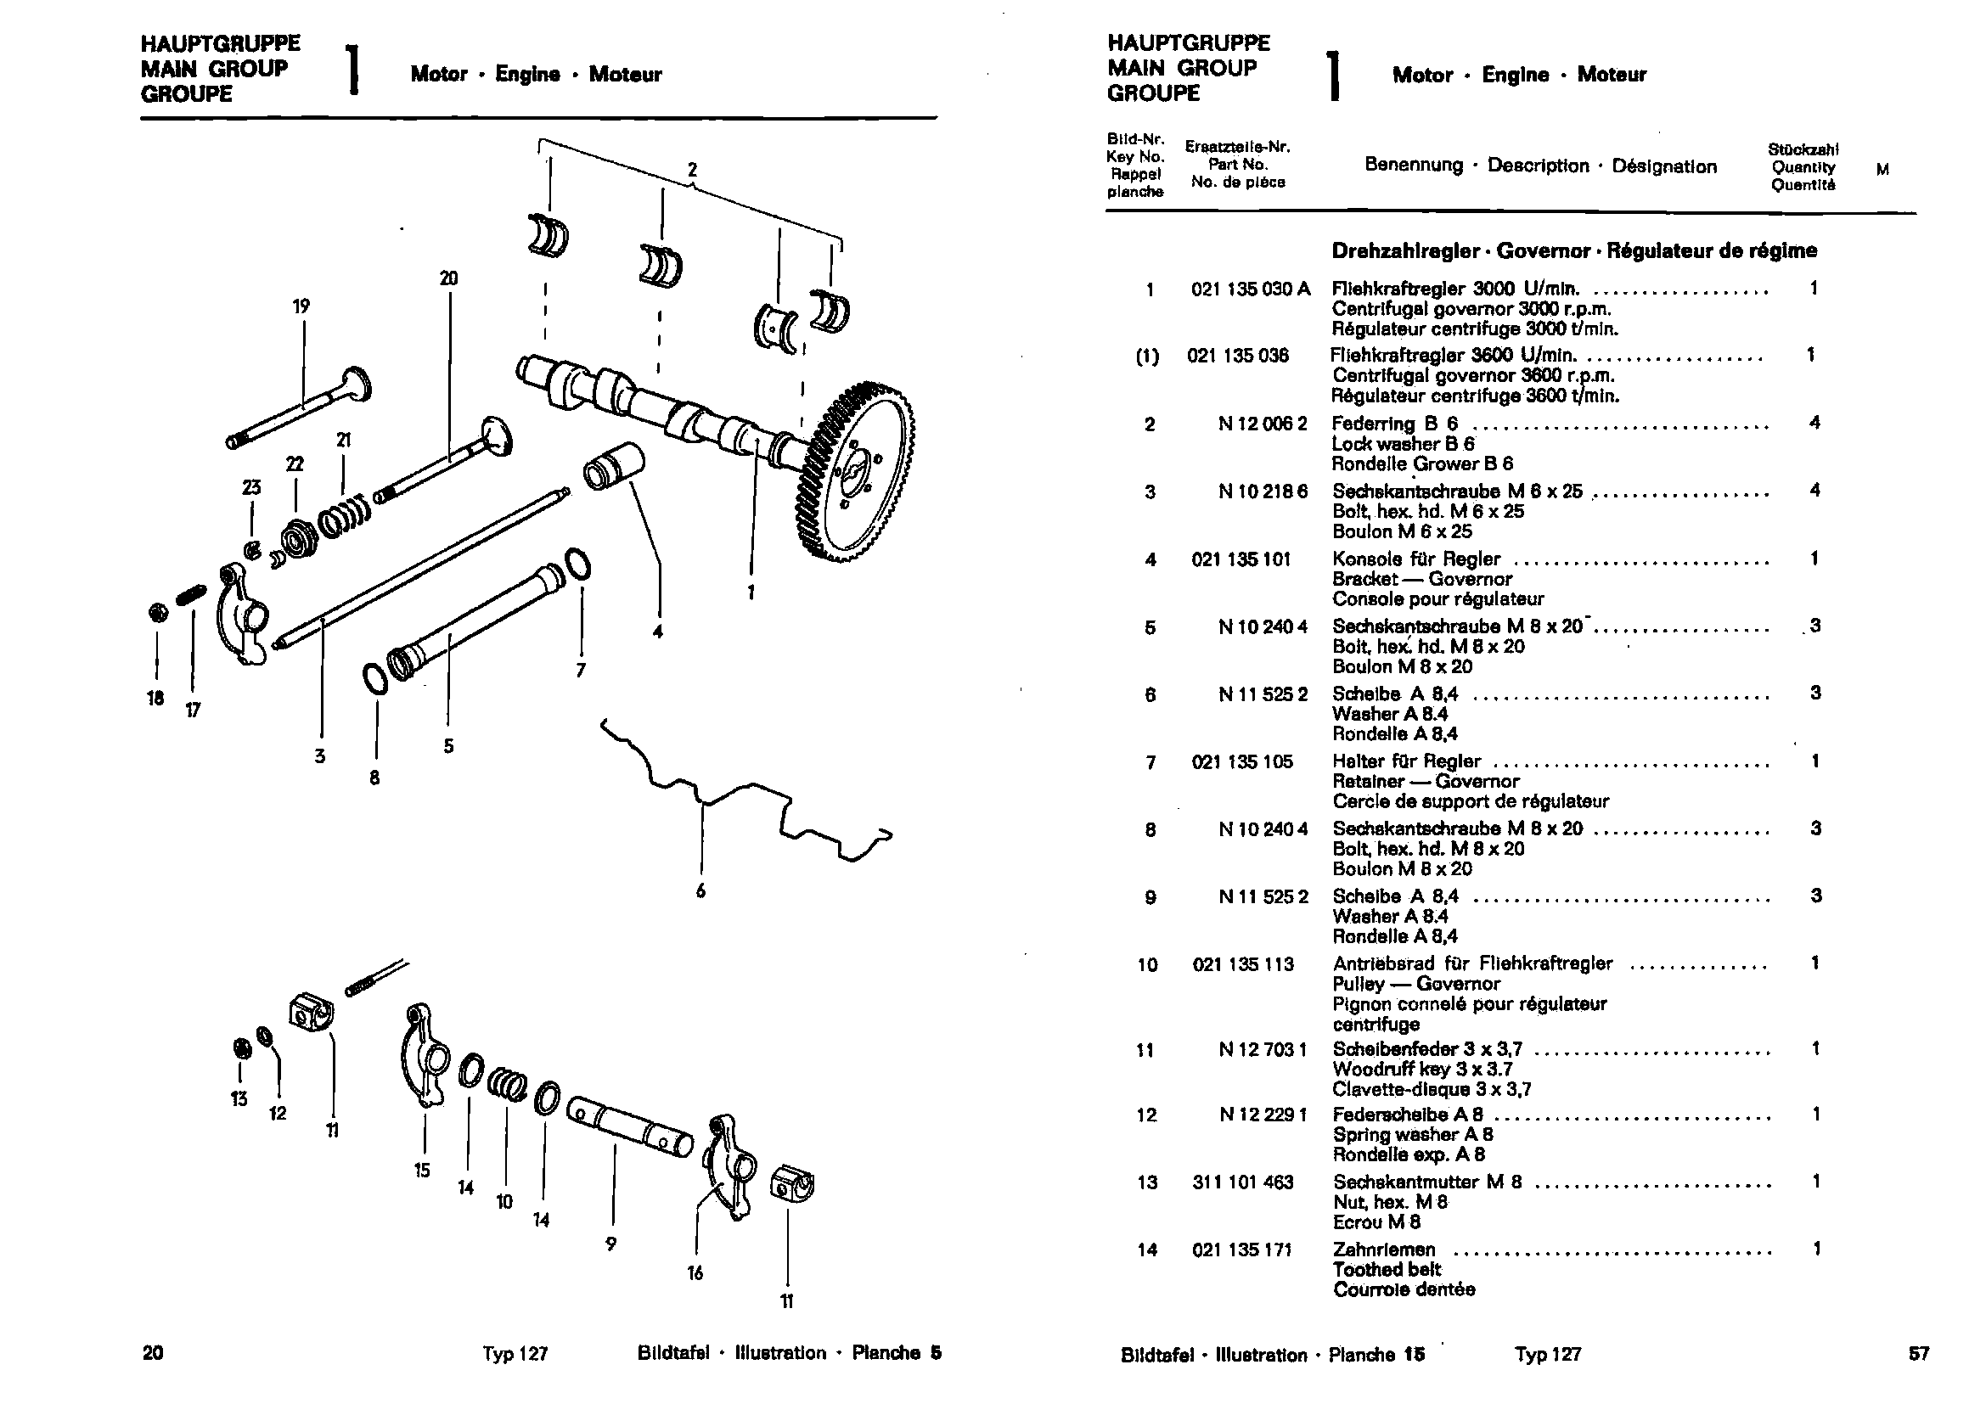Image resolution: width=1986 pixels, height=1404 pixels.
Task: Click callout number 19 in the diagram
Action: [301, 306]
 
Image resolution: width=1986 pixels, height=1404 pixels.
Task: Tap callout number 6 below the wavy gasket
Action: [700, 890]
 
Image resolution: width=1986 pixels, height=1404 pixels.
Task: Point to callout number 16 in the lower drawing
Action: [695, 1272]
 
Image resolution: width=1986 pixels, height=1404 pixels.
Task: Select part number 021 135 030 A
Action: [1250, 289]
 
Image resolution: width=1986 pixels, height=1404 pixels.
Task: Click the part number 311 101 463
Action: [1242, 1182]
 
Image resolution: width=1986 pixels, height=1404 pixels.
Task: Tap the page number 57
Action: [1919, 1354]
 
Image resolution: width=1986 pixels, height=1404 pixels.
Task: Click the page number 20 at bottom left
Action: [153, 1353]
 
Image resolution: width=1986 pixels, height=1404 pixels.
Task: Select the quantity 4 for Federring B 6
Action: [1814, 423]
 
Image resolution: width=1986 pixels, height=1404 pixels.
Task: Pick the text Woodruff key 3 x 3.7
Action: [1422, 1070]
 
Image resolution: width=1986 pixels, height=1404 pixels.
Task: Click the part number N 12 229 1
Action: [1263, 1115]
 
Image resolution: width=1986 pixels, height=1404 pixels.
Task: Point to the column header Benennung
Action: [1414, 166]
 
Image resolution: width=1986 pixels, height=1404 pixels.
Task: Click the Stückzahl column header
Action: [1803, 149]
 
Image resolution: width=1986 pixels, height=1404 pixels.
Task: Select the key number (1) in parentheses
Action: [1147, 357]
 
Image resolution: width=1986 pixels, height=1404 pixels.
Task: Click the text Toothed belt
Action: [1387, 1269]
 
